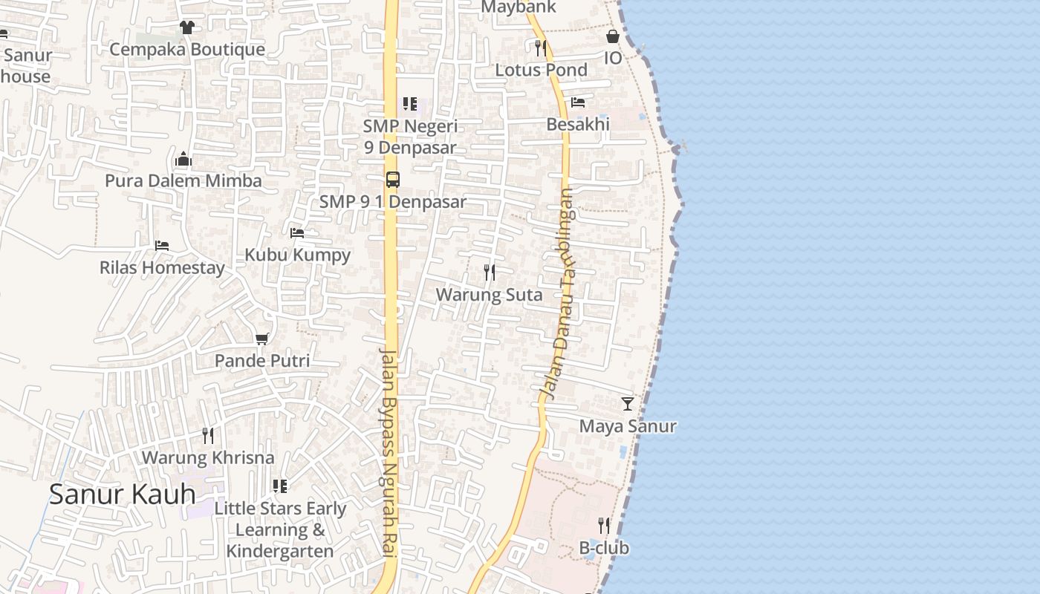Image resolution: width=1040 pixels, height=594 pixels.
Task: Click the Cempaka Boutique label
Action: click(187, 50)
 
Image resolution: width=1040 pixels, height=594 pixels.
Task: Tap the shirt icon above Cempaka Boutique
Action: click(186, 27)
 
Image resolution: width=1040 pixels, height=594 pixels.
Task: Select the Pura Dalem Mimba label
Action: click(183, 180)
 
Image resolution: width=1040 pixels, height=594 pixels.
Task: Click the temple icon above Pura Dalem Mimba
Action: click(183, 159)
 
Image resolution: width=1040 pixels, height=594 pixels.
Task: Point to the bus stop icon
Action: click(392, 180)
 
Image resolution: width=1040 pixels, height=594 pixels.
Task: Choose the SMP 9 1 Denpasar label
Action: click(393, 201)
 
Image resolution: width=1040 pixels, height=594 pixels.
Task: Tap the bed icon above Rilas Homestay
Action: click(162, 245)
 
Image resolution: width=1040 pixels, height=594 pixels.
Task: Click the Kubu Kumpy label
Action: click(297, 255)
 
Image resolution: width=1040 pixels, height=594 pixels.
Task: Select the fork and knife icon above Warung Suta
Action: click(489, 272)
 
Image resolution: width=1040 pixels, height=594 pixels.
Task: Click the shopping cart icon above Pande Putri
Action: click(261, 339)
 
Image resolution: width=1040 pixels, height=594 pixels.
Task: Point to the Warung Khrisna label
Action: click(208, 457)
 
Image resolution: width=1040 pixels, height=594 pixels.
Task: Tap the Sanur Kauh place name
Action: click(123, 494)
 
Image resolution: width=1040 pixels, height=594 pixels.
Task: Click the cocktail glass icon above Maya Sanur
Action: click(628, 404)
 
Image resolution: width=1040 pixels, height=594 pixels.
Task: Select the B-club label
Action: click(604, 548)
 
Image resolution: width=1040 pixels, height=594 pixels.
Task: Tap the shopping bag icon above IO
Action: click(613, 36)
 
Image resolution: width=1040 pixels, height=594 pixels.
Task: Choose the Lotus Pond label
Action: click(541, 70)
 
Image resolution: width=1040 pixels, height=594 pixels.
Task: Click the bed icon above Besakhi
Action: click(578, 102)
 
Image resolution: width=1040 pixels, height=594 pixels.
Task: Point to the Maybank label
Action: click(519, 7)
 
